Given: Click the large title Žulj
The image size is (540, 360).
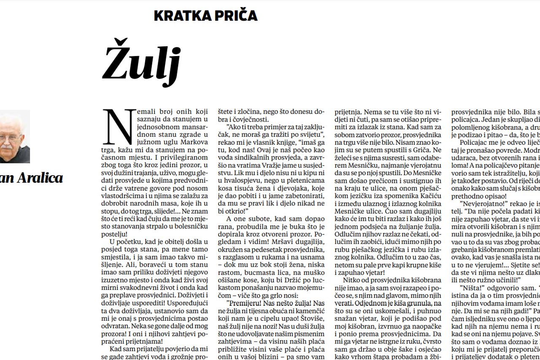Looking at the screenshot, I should [141, 64].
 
